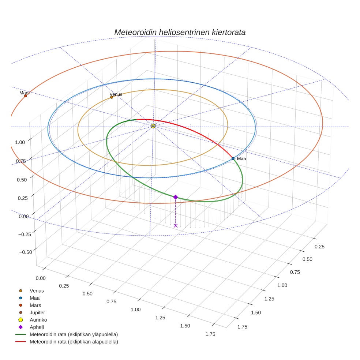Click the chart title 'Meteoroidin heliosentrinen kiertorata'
[x=180, y=32]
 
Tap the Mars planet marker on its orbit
[x=26, y=96]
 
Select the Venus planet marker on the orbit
[x=112, y=97]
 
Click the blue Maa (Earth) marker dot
[x=233, y=158]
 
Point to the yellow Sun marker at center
[x=153, y=126]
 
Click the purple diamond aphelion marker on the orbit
[x=176, y=197]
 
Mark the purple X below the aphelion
[x=176, y=226]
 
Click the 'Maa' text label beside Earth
[x=241, y=159]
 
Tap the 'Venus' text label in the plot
[x=116, y=94]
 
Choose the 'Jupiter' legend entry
[x=37, y=312]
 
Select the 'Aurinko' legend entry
[x=38, y=320]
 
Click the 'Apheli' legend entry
[x=37, y=327]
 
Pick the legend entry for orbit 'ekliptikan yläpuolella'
[x=74, y=334]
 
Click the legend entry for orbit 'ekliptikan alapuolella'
[x=74, y=342]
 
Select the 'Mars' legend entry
[x=35, y=305]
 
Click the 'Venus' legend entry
[x=37, y=290]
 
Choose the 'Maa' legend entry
[x=34, y=298]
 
